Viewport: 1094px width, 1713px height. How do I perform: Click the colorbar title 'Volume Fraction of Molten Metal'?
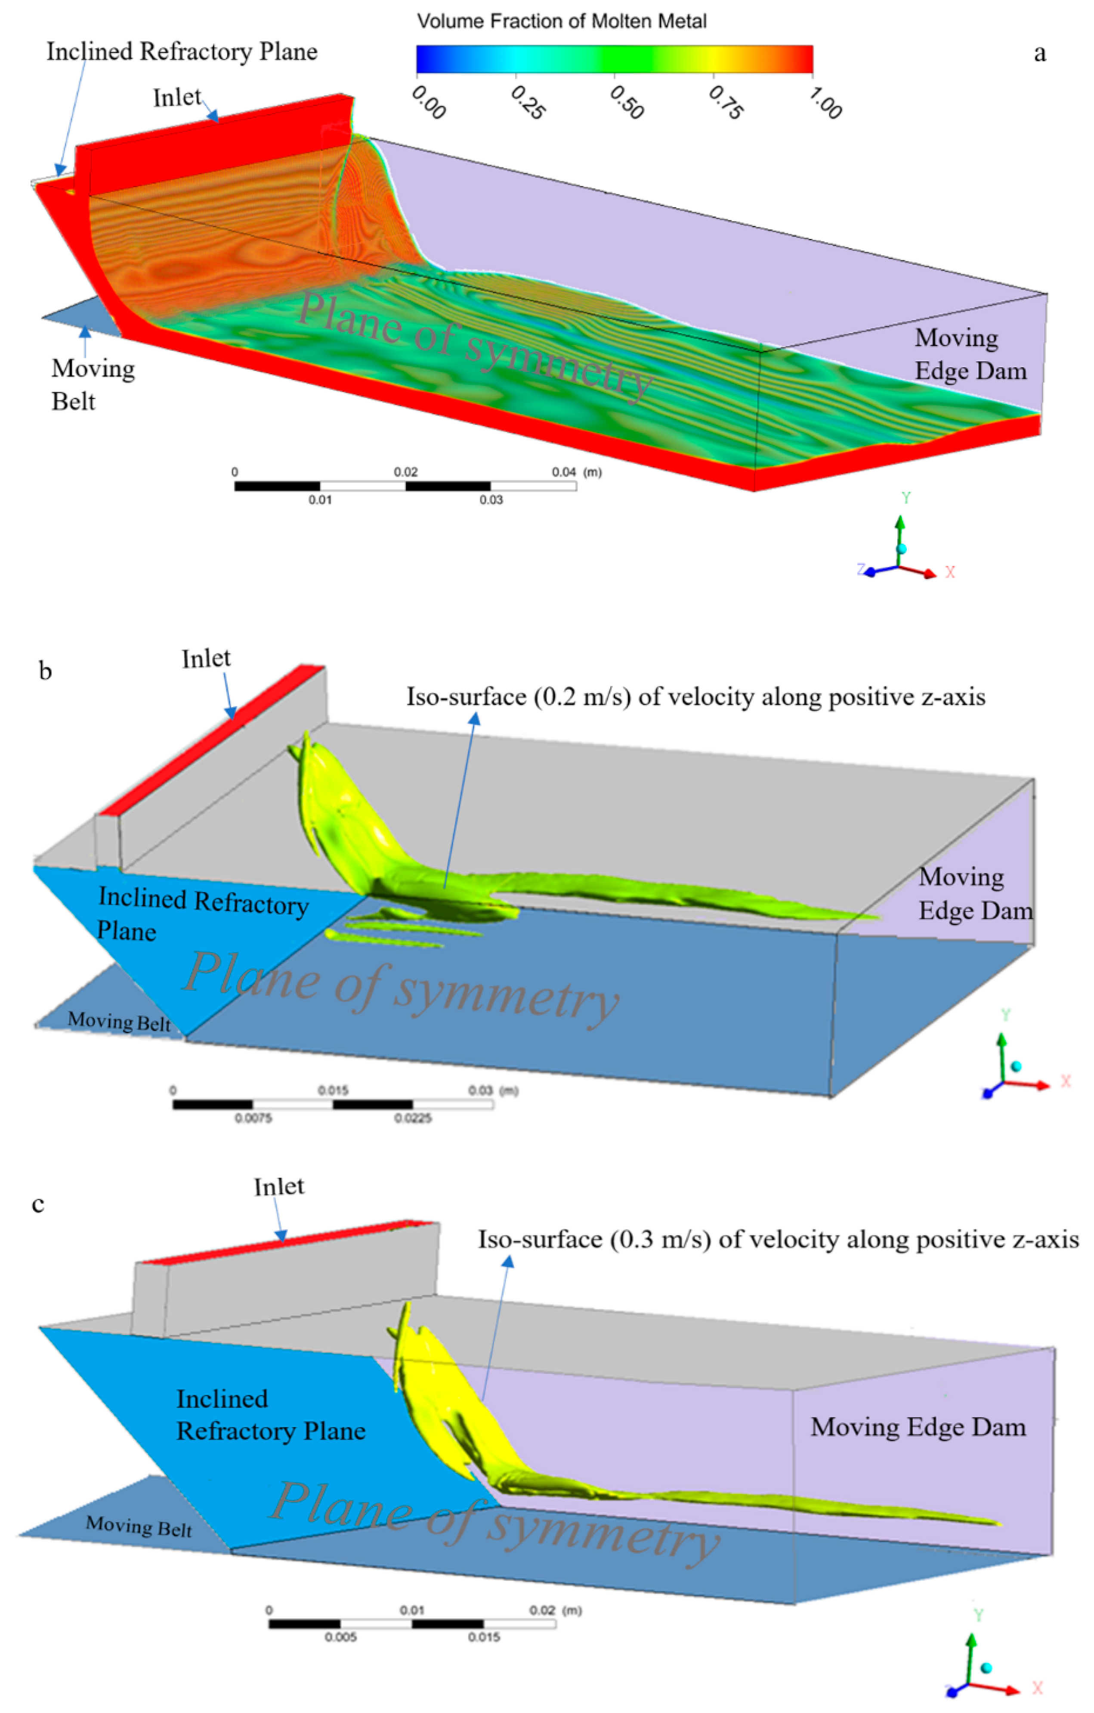click(x=561, y=22)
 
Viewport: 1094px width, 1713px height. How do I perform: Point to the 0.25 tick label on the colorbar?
click(x=528, y=103)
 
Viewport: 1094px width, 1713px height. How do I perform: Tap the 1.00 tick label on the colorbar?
click(x=825, y=104)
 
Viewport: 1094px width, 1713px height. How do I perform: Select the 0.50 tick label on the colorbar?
click(x=627, y=103)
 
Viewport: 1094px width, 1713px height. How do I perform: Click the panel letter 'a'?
click(x=1039, y=53)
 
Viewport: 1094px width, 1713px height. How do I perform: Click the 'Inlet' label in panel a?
click(x=177, y=97)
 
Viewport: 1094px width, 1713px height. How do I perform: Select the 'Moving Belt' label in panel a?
click(x=93, y=384)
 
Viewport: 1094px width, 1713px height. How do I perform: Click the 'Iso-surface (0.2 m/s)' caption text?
click(x=695, y=697)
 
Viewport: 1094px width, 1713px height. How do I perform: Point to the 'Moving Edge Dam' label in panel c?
click(x=918, y=1427)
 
